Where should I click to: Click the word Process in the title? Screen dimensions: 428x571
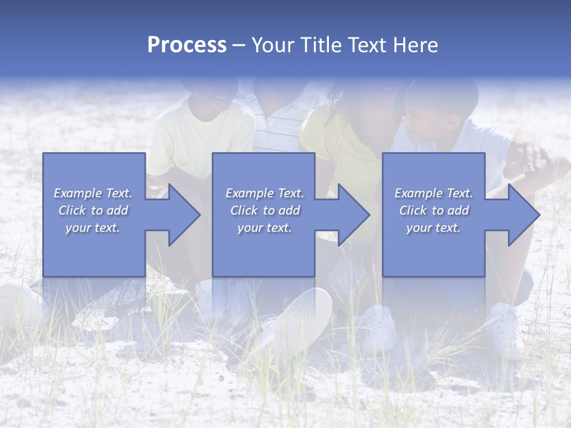(x=187, y=45)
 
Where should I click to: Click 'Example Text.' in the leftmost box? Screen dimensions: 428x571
(x=93, y=193)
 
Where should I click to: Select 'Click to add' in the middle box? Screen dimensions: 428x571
(x=265, y=210)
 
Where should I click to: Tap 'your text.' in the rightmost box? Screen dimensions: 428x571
(x=433, y=228)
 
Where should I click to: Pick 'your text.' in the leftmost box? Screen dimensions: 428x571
(x=93, y=228)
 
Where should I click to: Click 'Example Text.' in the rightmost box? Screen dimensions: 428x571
(x=434, y=193)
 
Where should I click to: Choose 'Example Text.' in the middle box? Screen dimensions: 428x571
(x=265, y=193)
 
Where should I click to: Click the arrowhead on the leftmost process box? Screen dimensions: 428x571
(x=181, y=215)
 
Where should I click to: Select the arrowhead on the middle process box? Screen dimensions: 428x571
(x=352, y=215)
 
